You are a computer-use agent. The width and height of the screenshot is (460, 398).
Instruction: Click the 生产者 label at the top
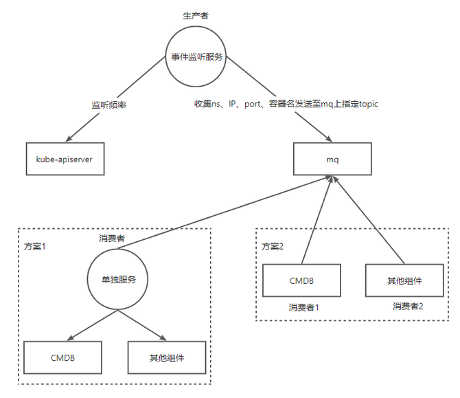196,16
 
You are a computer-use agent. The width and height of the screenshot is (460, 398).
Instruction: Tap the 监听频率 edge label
109,105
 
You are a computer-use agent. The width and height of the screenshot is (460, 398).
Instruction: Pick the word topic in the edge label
369,104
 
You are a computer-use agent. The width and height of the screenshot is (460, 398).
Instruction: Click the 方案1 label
35,247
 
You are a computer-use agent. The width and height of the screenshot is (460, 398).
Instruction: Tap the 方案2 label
273,247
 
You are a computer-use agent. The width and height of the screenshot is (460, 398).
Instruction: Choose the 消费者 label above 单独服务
112,239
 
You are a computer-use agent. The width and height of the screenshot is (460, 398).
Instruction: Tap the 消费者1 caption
303,307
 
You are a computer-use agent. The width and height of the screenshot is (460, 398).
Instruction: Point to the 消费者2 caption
408,307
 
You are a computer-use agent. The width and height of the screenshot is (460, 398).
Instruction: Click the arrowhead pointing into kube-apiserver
69,139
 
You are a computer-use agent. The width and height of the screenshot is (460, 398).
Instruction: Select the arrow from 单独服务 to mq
225,212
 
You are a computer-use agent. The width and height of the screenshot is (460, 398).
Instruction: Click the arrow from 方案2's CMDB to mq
317,220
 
